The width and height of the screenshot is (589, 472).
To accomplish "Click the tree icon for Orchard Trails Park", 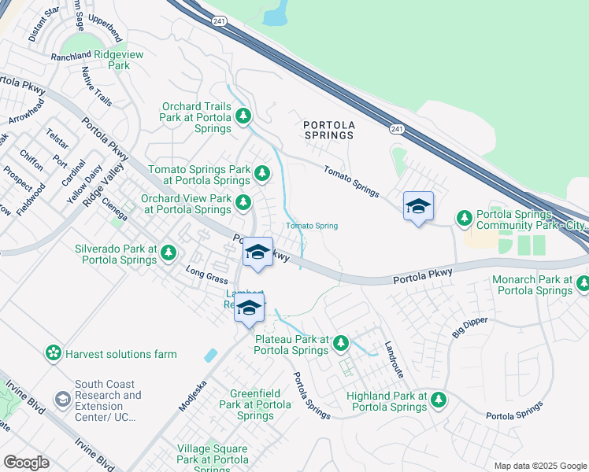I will pyautogui.click(x=244, y=117).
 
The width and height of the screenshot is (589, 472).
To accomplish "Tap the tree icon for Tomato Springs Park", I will pyautogui.click(x=261, y=172).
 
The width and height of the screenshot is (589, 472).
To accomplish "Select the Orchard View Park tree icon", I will pyautogui.click(x=244, y=202).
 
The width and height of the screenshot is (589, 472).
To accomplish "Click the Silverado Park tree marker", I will pyautogui.click(x=169, y=253).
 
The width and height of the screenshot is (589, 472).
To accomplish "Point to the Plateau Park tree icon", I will pyautogui.click(x=341, y=342).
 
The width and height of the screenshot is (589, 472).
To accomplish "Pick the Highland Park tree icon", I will pyautogui.click(x=439, y=400).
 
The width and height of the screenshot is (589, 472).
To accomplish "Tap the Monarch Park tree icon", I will pyautogui.click(x=582, y=283).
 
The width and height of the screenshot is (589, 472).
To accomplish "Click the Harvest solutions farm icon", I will pyautogui.click(x=54, y=353).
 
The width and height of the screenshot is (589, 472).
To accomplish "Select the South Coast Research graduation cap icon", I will pyautogui.click(x=61, y=400).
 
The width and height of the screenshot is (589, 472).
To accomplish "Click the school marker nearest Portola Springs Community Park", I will pyautogui.click(x=418, y=207).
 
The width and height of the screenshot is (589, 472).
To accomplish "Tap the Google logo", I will pyautogui.click(x=26, y=463).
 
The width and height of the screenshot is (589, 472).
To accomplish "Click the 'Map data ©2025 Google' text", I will pyautogui.click(x=539, y=466).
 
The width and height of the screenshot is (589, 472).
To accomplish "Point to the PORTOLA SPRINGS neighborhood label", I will pyautogui.click(x=329, y=130).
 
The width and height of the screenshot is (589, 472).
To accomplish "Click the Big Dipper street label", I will pyautogui.click(x=470, y=327).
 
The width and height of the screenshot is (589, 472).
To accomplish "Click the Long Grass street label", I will pyautogui.click(x=206, y=275).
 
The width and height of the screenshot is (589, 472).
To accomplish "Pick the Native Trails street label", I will pyautogui.click(x=97, y=86).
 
